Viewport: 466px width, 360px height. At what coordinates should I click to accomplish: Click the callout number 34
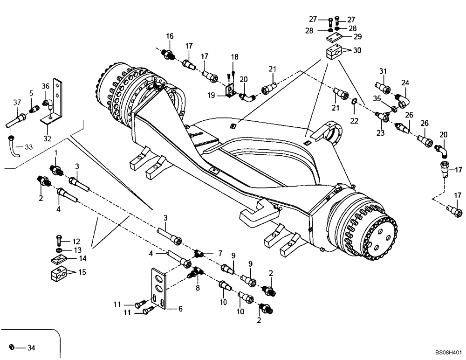click(x=31, y=347)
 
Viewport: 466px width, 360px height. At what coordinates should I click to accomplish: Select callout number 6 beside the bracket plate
click(x=180, y=309)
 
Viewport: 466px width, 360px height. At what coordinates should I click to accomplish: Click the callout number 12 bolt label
click(x=76, y=241)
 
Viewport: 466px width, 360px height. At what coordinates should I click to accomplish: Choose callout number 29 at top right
click(x=357, y=36)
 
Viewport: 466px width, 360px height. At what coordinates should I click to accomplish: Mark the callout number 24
click(x=405, y=83)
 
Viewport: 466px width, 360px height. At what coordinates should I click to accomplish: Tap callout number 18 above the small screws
click(x=234, y=56)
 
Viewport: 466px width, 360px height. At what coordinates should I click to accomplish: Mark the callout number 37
click(x=17, y=103)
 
